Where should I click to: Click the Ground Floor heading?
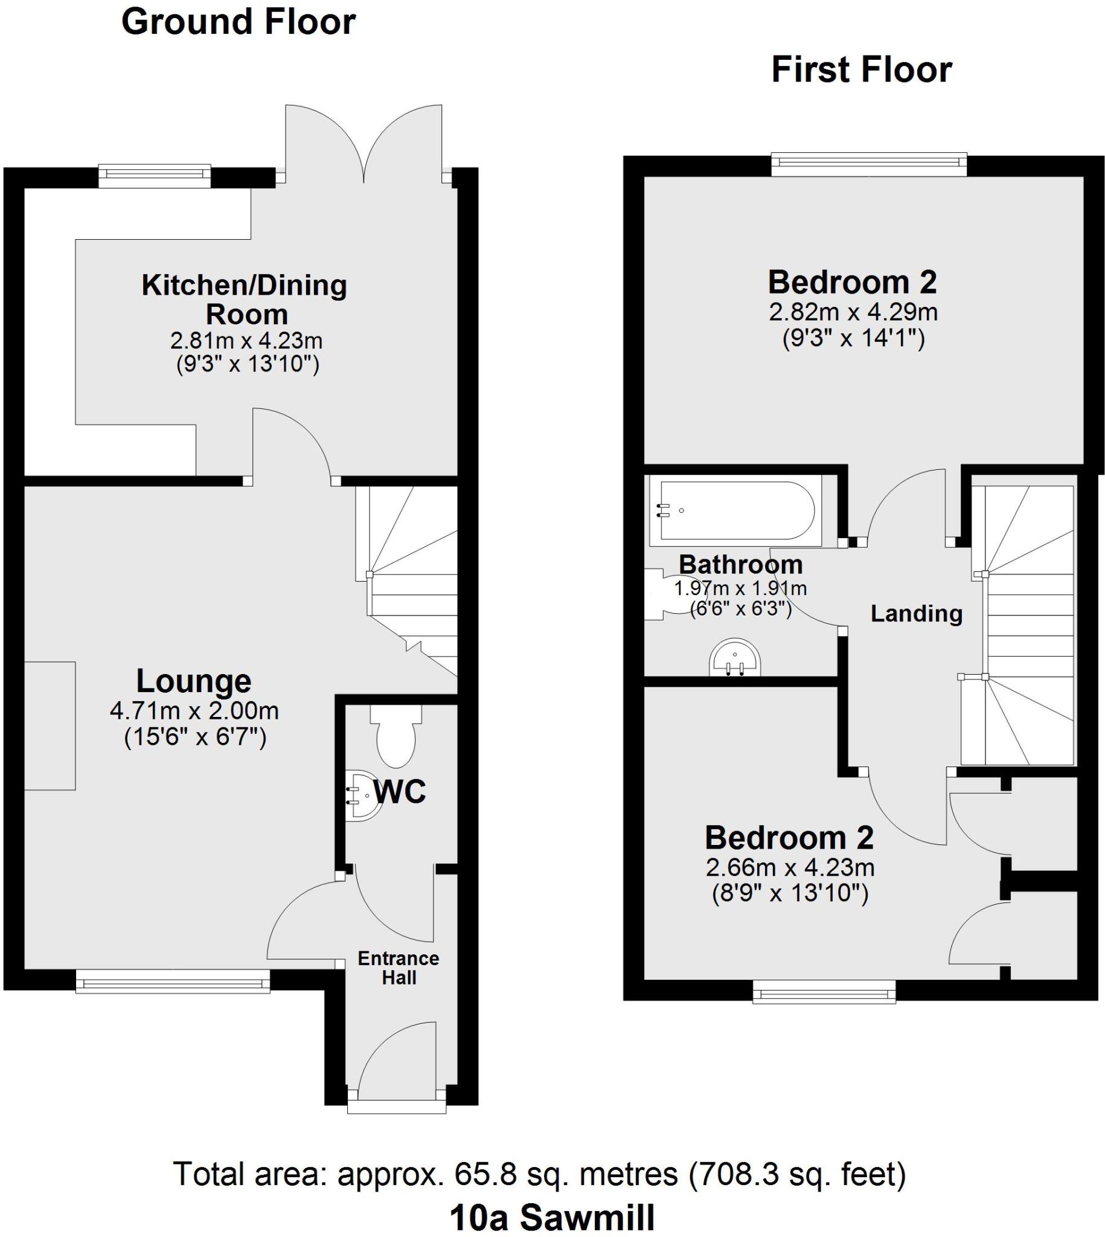click(238, 22)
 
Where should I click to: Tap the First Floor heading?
click(861, 70)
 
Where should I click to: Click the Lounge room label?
click(194, 681)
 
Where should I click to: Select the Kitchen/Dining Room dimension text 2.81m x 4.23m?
click(246, 341)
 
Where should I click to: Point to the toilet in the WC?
click(396, 737)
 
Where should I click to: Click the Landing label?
click(916, 613)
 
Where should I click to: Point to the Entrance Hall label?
click(399, 968)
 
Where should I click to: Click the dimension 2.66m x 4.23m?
click(789, 868)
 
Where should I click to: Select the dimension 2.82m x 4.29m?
click(853, 313)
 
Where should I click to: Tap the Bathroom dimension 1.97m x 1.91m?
click(740, 588)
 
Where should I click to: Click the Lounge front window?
click(173, 981)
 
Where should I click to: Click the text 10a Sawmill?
click(552, 1218)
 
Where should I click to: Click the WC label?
click(400, 792)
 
